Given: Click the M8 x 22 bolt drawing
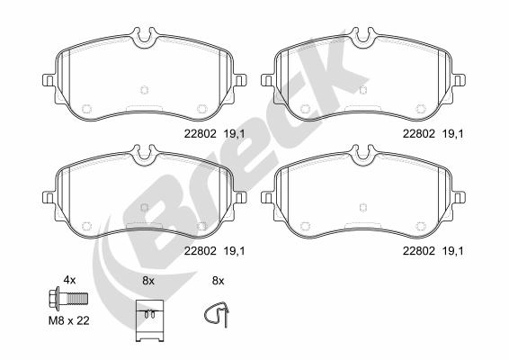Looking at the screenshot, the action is tap(67, 298).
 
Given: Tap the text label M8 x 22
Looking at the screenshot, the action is tap(69, 321).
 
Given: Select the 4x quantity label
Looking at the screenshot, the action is tap(69, 280).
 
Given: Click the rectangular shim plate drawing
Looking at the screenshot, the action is tap(149, 320).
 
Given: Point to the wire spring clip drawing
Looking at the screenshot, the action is tap(217, 314).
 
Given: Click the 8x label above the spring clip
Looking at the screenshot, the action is tap(219, 281).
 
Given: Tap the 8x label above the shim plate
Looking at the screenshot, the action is tap(148, 281).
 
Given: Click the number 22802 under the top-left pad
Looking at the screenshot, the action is tap(200, 134).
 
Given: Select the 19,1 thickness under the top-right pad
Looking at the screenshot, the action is tap(453, 134).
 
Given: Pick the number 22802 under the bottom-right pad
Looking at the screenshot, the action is tap(419, 250).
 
